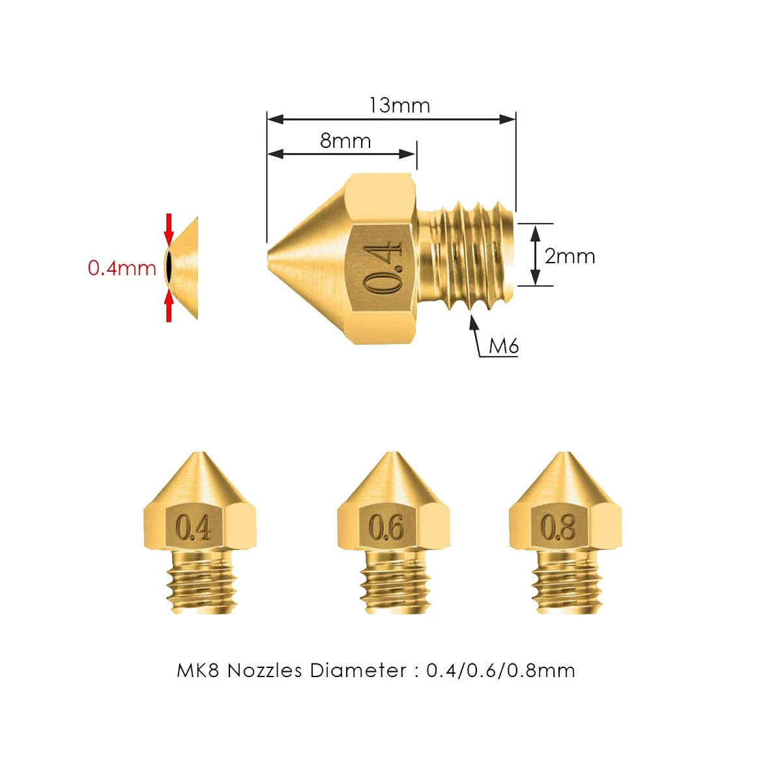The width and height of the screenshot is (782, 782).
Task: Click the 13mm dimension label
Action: [x=399, y=106]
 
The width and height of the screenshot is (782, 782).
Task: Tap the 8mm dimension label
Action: [x=345, y=141]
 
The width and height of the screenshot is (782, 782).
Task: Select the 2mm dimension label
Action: [x=570, y=256]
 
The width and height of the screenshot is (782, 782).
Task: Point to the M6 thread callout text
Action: [x=504, y=345]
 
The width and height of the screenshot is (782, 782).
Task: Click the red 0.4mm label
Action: [x=122, y=268]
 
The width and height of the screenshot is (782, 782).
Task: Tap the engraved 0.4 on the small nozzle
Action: [x=194, y=527]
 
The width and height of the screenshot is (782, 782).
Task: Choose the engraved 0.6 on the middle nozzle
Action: [x=386, y=527]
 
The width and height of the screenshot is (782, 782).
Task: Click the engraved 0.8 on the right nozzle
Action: [x=558, y=527]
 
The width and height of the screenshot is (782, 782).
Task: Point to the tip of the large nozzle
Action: [x=270, y=256]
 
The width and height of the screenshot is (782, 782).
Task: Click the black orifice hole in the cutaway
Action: [x=168, y=267]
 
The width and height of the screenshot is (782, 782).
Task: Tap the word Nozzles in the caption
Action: [x=265, y=671]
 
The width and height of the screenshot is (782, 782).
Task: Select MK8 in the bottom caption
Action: [x=198, y=671]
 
